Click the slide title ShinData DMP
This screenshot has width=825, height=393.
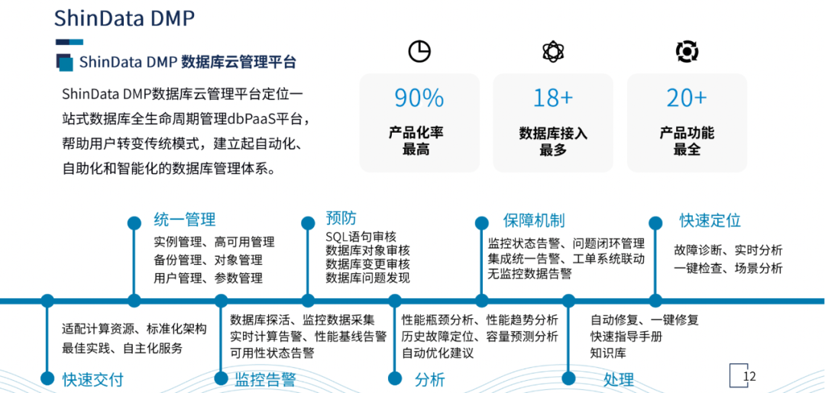tap(125, 19)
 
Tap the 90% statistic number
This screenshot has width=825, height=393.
tap(419, 98)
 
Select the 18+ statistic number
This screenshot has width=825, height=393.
tap(553, 98)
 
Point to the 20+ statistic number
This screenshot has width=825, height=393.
tap(687, 98)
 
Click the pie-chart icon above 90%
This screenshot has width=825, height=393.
tap(419, 51)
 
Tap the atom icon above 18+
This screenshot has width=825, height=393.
tap(553, 51)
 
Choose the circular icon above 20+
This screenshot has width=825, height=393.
tap(687, 51)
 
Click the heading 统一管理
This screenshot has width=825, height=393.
tap(184, 220)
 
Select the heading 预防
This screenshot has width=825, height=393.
tap(341, 218)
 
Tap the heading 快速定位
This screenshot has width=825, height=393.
tap(710, 221)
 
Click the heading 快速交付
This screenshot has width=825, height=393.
tap(92, 380)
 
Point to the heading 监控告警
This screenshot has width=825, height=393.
tap(265, 380)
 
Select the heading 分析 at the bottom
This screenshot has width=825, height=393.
tap(429, 380)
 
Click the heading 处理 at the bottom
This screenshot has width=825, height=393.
tap(618, 380)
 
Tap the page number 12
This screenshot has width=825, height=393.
tap(749, 376)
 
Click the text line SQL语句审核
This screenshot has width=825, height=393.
tap(361, 237)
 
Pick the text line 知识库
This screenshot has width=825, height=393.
tap(608, 353)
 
